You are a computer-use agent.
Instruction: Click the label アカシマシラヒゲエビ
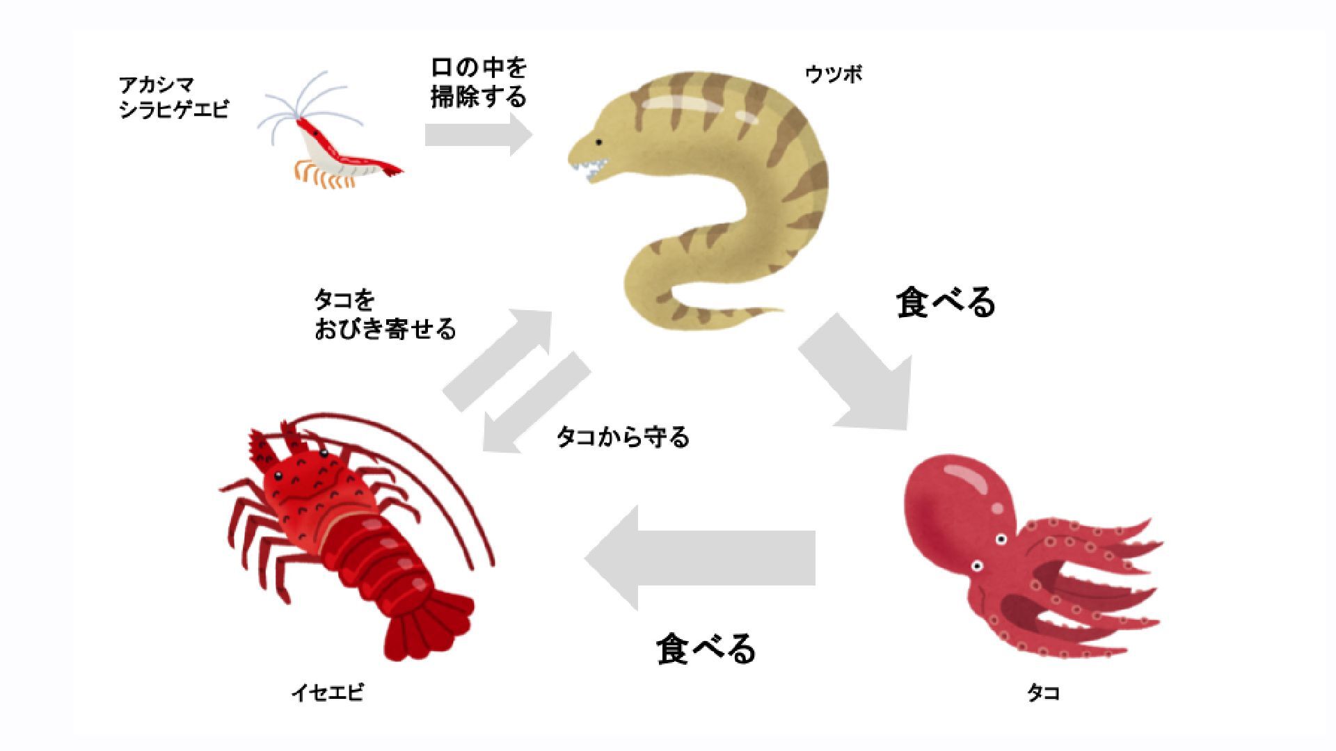click(173, 97)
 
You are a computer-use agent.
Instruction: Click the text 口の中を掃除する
click(479, 82)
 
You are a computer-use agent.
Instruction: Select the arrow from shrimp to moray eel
click(479, 134)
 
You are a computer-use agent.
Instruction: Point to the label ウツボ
click(834, 74)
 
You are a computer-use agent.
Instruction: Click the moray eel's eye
click(598, 142)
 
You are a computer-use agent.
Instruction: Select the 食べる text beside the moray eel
click(946, 302)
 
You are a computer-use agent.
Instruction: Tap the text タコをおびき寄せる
click(385, 314)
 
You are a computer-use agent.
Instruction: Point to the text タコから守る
click(623, 437)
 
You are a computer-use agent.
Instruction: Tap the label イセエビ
click(327, 693)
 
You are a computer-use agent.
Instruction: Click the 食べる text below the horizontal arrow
click(706, 648)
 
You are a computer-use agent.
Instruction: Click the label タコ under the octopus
click(1043, 693)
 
